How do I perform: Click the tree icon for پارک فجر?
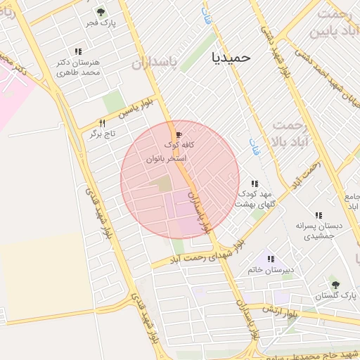[101, 12]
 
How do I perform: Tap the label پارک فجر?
[101, 23]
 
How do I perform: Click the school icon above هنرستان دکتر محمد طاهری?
[78, 51]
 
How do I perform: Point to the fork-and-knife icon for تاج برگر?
[102, 124]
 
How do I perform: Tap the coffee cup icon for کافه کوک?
[179, 134]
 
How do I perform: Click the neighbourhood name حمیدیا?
[231, 57]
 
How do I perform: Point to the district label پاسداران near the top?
[156, 63]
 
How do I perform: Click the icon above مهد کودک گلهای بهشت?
[255, 184]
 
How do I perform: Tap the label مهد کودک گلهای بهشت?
[254, 198]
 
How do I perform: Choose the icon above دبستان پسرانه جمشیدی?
[319, 215]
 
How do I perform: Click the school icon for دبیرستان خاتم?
[271, 259]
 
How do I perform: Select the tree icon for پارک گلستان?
[335, 285]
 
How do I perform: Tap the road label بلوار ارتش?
[278, 310]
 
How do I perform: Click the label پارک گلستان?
[331, 297]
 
